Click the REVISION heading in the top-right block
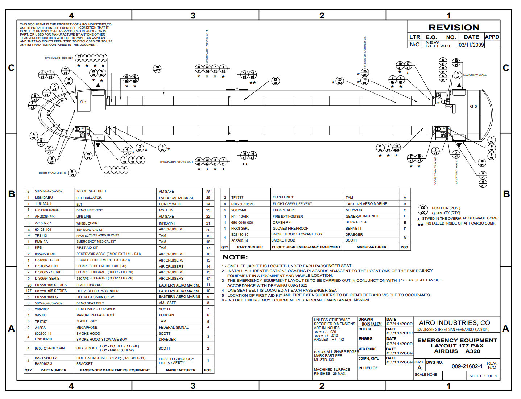pos(454,28)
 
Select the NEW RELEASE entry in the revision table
pos(439,44)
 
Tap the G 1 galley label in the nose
pos(83,102)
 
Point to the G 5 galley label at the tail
pos(473,107)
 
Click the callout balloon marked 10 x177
pos(157,69)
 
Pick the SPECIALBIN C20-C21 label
pos(59,58)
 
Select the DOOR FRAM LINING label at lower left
pos(52,173)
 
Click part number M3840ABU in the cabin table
pos(44,198)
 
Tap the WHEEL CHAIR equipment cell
pos(87,223)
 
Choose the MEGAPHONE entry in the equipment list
pos(87,328)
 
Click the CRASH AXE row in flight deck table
pos(282,222)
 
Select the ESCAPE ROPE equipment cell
pos(284,210)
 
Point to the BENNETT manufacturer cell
pos(353,229)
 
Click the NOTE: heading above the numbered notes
pos(235,257)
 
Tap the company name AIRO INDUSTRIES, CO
pos(454,323)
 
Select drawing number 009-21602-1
pos(467,366)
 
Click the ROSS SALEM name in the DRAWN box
pos(372,324)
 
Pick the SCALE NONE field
pos(426,375)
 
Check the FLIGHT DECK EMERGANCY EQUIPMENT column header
pos(306,247)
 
